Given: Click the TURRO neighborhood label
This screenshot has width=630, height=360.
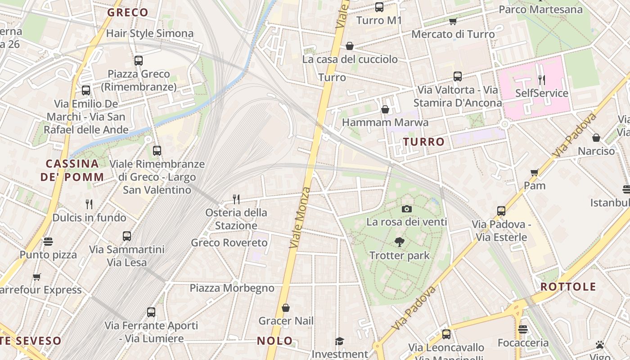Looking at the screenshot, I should (x=423, y=142).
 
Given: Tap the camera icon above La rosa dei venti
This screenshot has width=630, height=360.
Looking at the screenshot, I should (x=406, y=209).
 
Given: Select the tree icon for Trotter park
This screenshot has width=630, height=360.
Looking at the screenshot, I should (x=399, y=242).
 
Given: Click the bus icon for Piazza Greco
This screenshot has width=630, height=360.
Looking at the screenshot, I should (x=139, y=60).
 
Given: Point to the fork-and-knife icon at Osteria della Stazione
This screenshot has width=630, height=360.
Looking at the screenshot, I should (x=236, y=199).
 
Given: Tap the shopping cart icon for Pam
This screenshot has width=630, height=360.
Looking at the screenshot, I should (x=535, y=172).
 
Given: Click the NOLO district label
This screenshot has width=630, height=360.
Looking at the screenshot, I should (x=274, y=341).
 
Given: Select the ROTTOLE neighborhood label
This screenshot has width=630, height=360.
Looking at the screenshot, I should (x=568, y=287).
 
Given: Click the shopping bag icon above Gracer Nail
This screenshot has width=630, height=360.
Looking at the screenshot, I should (x=285, y=308).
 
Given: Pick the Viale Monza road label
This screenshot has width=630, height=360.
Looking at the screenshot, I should (x=301, y=218).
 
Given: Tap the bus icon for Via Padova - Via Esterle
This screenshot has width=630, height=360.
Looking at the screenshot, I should (x=501, y=211).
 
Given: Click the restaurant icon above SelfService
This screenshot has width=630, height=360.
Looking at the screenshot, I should (x=542, y=80).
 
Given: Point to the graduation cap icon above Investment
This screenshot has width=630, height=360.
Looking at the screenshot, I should (x=339, y=342).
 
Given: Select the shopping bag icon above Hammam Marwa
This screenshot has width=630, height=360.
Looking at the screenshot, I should (x=385, y=109).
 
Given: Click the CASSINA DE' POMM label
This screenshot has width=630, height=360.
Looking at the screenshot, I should (x=72, y=170).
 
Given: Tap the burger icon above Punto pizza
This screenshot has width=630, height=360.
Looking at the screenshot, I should (x=48, y=242).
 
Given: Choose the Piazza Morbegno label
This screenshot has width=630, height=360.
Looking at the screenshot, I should (x=232, y=288).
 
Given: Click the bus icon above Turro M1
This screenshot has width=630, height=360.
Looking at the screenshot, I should (x=379, y=7).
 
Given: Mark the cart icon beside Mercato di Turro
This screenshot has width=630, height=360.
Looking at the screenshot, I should (x=453, y=21).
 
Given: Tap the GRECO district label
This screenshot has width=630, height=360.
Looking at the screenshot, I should (x=128, y=13).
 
